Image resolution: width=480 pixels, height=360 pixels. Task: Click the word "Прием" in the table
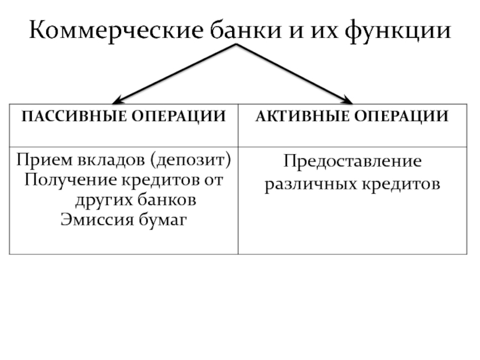(x=37, y=160)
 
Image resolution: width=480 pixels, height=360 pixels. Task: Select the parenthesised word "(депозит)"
(x=191, y=161)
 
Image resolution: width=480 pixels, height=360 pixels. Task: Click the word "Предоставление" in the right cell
(x=353, y=161)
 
